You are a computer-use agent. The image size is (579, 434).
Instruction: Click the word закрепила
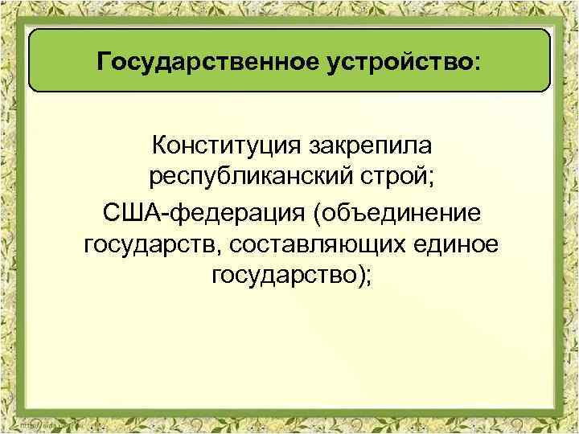[367, 147]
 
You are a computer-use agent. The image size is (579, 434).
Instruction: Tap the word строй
[392, 178]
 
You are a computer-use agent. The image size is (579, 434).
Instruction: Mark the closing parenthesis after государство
[361, 276]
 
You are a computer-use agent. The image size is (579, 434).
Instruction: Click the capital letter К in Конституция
[158, 147]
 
